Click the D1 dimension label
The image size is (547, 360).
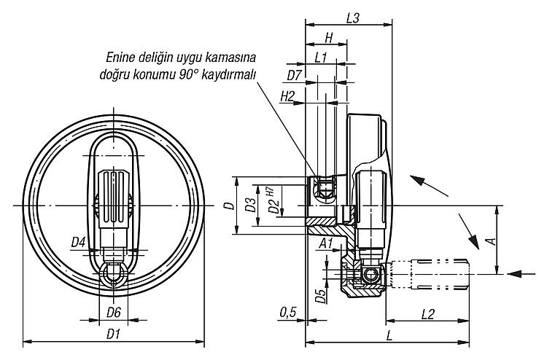tap(113, 334)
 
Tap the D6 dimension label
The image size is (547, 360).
tap(114, 312)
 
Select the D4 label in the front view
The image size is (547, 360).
tap(78, 242)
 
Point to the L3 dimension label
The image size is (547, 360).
tap(353, 18)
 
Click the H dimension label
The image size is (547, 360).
tap(329, 38)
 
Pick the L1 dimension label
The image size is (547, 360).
tap(320, 58)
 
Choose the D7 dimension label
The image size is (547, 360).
tap(294, 75)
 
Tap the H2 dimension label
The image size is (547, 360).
tap(287, 96)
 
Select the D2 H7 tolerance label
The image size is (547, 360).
tap(273, 200)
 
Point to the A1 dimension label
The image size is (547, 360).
tap(326, 243)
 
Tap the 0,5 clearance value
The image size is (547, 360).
tap(288, 312)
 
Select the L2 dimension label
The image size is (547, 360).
tap(427, 314)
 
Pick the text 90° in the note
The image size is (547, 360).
tap(189, 75)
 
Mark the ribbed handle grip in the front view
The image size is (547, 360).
tap(113, 200)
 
